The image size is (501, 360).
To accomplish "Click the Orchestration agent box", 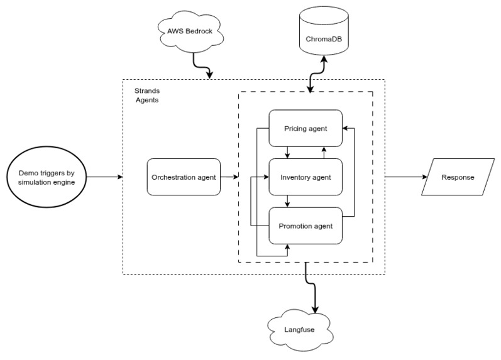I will (x=183, y=177).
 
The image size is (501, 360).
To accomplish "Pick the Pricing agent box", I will (x=306, y=128).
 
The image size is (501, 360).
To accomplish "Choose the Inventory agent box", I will (x=306, y=177).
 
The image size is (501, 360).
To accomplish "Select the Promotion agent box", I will (x=306, y=225).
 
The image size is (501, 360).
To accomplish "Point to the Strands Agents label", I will (x=147, y=95).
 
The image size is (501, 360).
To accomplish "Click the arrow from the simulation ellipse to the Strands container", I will (x=104, y=177).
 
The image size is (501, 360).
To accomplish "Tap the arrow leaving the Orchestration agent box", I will (x=229, y=177).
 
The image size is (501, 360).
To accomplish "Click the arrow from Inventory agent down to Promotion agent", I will (x=288, y=201).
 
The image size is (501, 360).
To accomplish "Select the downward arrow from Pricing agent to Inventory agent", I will (x=288, y=153).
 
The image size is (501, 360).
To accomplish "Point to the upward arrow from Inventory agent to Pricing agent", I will (x=324, y=153).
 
